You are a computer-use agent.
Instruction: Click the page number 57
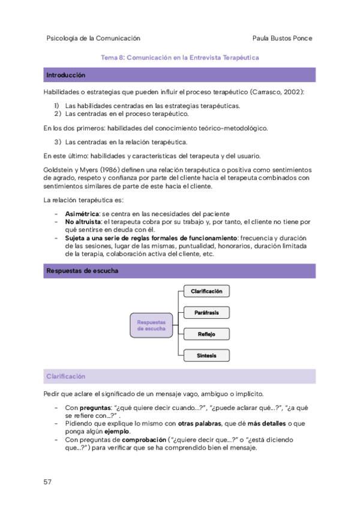click(x=48, y=482)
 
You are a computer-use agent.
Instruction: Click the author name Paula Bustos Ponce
click(x=284, y=38)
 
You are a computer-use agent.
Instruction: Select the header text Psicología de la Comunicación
click(x=93, y=38)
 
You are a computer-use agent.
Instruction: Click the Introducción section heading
click(x=65, y=76)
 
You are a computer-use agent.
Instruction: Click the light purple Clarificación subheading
click(x=66, y=376)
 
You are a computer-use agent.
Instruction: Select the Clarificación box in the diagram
click(x=206, y=291)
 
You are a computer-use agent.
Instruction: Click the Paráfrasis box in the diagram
click(x=206, y=313)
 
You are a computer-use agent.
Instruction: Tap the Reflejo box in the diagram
click(x=206, y=334)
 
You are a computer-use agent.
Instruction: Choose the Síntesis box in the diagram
click(x=206, y=355)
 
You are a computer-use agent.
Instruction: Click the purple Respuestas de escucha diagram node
click(x=151, y=325)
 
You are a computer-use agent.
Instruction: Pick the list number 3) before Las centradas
click(x=58, y=142)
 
